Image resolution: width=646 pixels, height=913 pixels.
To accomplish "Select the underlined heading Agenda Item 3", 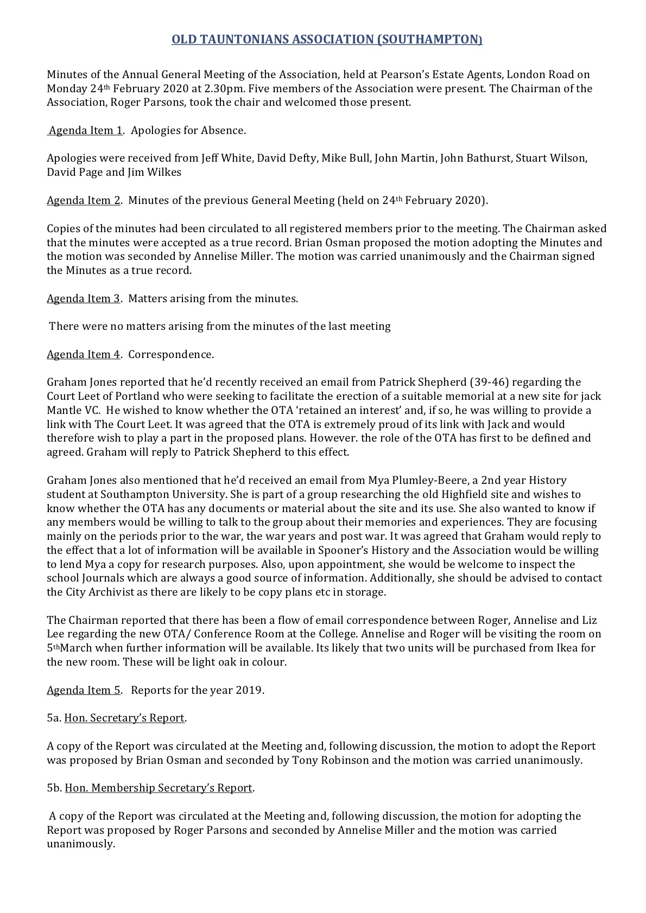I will [x=84, y=298].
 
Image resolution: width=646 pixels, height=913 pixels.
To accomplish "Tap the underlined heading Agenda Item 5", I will [x=84, y=690].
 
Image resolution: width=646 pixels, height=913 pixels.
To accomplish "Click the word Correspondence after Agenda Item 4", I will [x=171, y=354].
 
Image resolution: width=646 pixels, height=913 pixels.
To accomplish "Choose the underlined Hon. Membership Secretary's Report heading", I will [x=159, y=788].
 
